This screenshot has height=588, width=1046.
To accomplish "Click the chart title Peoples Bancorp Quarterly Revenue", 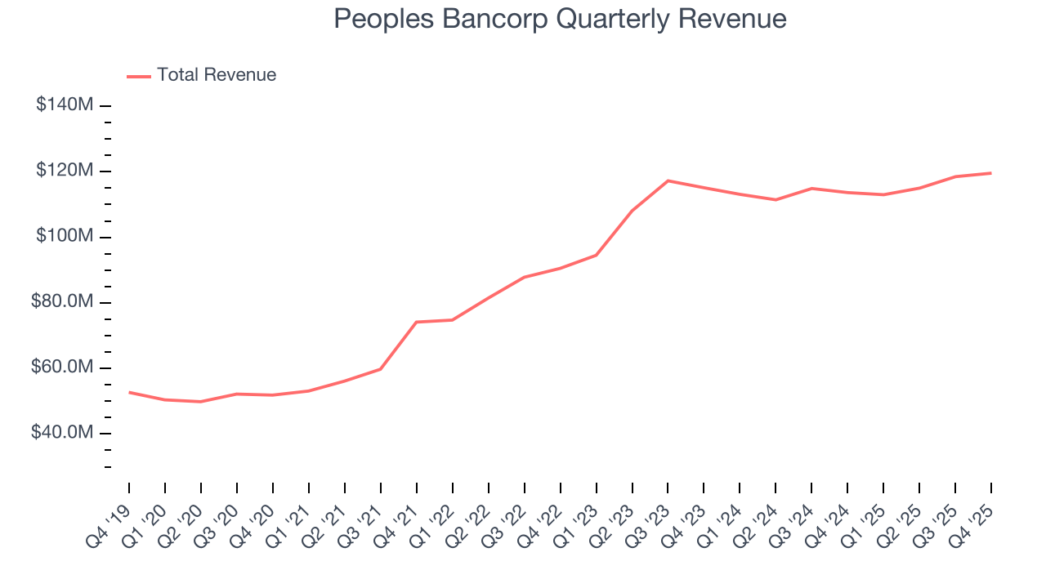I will pos(560,20).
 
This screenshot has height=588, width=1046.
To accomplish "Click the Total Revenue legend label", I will pos(217,75).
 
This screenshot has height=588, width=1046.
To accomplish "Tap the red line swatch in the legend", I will pos(139,76).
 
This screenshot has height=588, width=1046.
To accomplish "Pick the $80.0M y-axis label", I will pos(61,302).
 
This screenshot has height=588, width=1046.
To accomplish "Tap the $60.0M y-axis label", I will pos(61,367).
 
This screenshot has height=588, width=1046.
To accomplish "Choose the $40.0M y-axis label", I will pos(61,433).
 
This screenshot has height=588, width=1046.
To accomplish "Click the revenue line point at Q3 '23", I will pos(668,180).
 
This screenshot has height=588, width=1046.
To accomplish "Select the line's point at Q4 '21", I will pos(417,322).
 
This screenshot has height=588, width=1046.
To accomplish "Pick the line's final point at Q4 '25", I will pos(991,173).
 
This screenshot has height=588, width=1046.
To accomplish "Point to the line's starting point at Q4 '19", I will pos(129,392).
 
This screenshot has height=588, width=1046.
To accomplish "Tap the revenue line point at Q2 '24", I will pos(776,199).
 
